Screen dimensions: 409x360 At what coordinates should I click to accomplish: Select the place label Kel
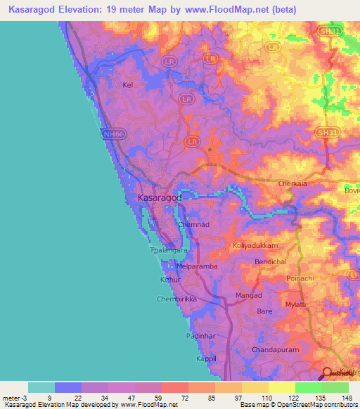[x=127, y=85]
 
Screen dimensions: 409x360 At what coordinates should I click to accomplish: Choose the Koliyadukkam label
[x=255, y=247]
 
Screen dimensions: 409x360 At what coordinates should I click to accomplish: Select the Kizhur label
[x=171, y=280]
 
